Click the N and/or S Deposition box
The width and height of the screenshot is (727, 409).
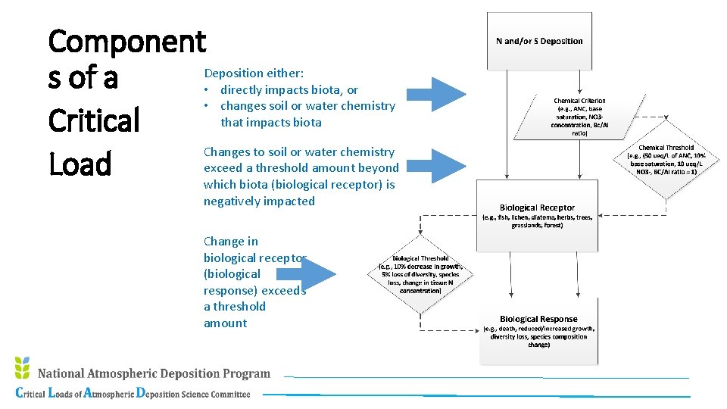[x=538, y=41]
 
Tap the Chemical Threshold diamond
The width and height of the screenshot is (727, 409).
[x=666, y=161]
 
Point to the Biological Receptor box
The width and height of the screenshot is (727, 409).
[x=537, y=216]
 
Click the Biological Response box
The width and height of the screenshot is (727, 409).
[x=538, y=331]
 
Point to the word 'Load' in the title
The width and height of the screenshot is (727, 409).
[x=80, y=164]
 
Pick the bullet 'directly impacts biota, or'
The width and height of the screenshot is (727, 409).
[x=289, y=89]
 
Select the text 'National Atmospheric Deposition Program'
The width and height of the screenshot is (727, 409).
[x=154, y=373]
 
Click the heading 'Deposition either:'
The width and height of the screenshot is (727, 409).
[x=254, y=73]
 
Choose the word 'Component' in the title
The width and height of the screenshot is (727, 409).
[x=126, y=41]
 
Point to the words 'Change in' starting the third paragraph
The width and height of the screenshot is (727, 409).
[x=230, y=242]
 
